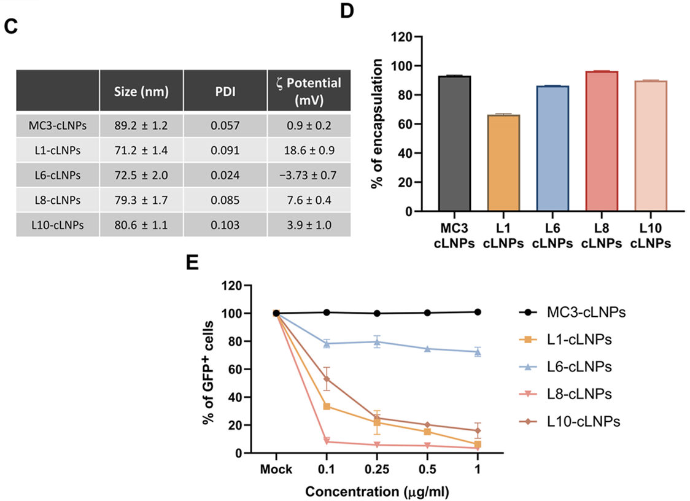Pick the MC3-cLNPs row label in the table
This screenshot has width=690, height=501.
click(x=58, y=126)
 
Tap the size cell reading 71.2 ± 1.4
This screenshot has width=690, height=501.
click(x=141, y=150)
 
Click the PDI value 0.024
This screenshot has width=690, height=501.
click(x=225, y=176)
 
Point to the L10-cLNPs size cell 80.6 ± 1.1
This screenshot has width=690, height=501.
click(x=141, y=225)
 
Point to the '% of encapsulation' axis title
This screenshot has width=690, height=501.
click(x=379, y=124)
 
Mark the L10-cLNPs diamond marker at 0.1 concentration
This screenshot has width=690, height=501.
click(x=327, y=379)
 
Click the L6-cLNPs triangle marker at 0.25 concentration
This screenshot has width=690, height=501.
click(x=378, y=342)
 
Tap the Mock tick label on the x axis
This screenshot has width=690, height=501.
click(x=276, y=470)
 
